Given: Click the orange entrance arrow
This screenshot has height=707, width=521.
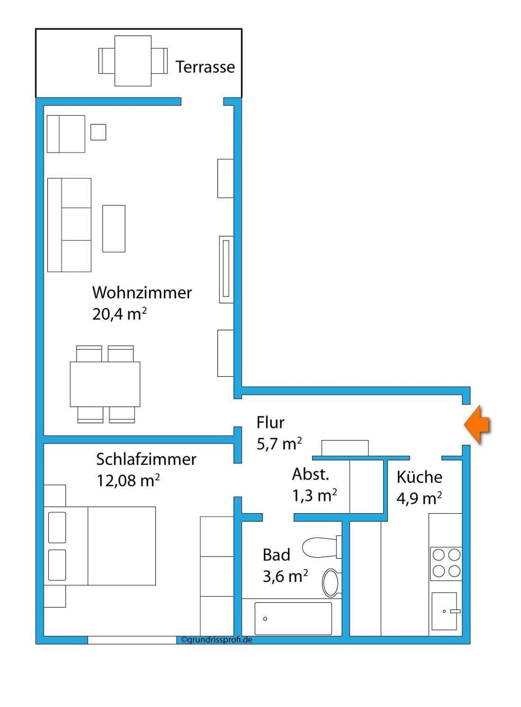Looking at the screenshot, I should tap(477, 425).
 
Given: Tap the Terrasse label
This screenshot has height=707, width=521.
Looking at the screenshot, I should tap(205, 67).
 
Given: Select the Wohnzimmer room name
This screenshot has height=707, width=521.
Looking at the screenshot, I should tap(142, 293).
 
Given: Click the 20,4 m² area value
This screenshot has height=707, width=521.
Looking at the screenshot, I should tap(119, 314).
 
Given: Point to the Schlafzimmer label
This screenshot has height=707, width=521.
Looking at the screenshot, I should tap(146, 459).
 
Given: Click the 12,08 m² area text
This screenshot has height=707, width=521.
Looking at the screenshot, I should tap(128, 481).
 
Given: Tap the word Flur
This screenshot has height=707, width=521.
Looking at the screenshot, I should tap(270, 422).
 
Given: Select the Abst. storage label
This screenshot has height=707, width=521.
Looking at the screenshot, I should tap(310, 475).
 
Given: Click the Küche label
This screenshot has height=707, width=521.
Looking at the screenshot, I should tap(419, 477).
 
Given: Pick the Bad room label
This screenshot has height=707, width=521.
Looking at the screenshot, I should tap(276, 555).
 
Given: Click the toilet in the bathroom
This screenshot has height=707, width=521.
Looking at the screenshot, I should tap(321, 547).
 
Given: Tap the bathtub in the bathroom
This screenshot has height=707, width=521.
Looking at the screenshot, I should tap(293, 618).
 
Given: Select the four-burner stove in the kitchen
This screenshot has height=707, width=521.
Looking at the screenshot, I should tap(446, 563).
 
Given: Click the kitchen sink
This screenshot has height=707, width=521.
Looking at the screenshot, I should tap(444, 611).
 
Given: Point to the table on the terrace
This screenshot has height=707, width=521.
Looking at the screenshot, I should tap(133, 61).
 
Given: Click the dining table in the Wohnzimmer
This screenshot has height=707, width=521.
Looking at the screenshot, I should tap(105, 384).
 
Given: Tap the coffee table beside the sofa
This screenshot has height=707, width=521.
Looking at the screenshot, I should tap(114, 229).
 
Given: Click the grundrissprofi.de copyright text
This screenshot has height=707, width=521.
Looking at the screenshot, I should tap(217, 640).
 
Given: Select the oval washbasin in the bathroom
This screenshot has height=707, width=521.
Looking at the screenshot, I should tap(331, 583).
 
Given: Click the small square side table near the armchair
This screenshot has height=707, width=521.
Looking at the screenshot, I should tap(98, 132).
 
